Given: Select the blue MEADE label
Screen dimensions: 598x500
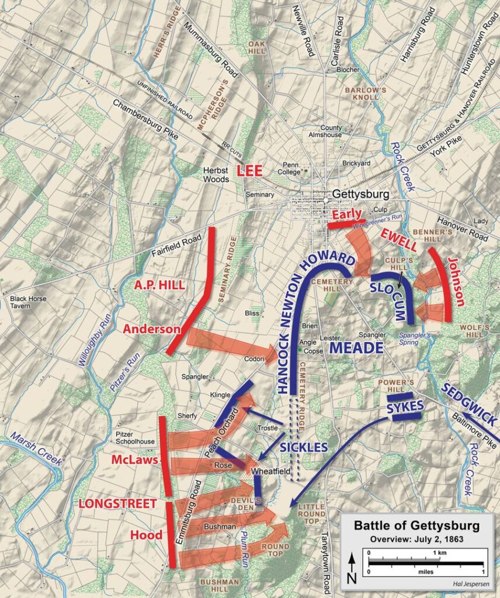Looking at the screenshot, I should [356, 348].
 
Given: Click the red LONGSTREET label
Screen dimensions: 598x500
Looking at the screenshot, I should [118, 503].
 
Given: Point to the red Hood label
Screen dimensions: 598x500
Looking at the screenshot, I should [146, 535].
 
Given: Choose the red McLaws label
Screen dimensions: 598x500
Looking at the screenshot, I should [134, 461].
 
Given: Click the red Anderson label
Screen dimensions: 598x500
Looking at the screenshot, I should [151, 329].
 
